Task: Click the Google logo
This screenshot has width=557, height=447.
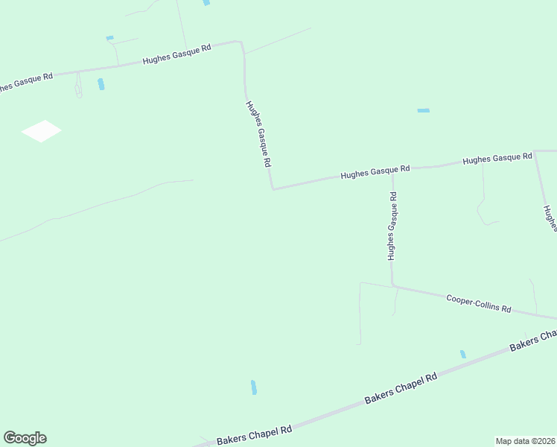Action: (x=25, y=438)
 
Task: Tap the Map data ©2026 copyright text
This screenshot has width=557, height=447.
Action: (x=525, y=440)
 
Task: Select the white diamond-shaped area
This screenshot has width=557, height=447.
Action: (x=41, y=131)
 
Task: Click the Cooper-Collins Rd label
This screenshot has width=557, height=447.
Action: (x=479, y=303)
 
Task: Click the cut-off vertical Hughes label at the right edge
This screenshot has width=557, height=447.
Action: (x=550, y=219)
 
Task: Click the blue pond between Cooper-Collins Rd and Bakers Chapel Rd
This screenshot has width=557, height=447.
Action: (x=462, y=354)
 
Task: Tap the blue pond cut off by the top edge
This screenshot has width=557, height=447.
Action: (x=206, y=2)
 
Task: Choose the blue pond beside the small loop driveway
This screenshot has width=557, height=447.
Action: (x=101, y=84)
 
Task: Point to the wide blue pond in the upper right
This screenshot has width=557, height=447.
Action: (x=423, y=110)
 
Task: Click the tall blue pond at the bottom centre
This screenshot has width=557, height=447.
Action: (x=254, y=387)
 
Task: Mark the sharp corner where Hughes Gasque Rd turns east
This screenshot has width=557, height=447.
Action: (x=273, y=188)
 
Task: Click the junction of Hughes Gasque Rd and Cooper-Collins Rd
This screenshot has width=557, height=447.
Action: (x=392, y=285)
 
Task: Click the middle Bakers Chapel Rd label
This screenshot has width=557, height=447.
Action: (x=401, y=390)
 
